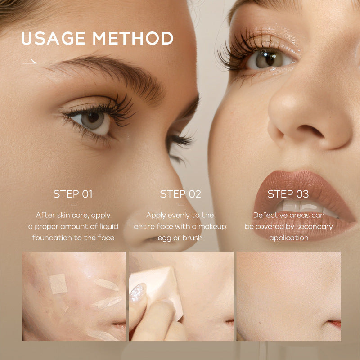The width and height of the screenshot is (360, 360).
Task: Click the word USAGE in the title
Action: point(54,39)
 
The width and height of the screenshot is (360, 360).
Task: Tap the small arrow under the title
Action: point(29,62)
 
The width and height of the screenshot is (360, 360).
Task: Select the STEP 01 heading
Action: point(73,194)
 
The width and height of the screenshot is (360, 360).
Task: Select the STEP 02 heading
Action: point(180,194)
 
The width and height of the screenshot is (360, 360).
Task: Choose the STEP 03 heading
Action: point(288,194)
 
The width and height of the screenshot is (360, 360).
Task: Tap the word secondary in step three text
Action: point(313,226)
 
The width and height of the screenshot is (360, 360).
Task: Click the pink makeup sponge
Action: point(157,288)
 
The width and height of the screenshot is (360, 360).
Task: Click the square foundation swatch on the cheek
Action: point(58,283)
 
